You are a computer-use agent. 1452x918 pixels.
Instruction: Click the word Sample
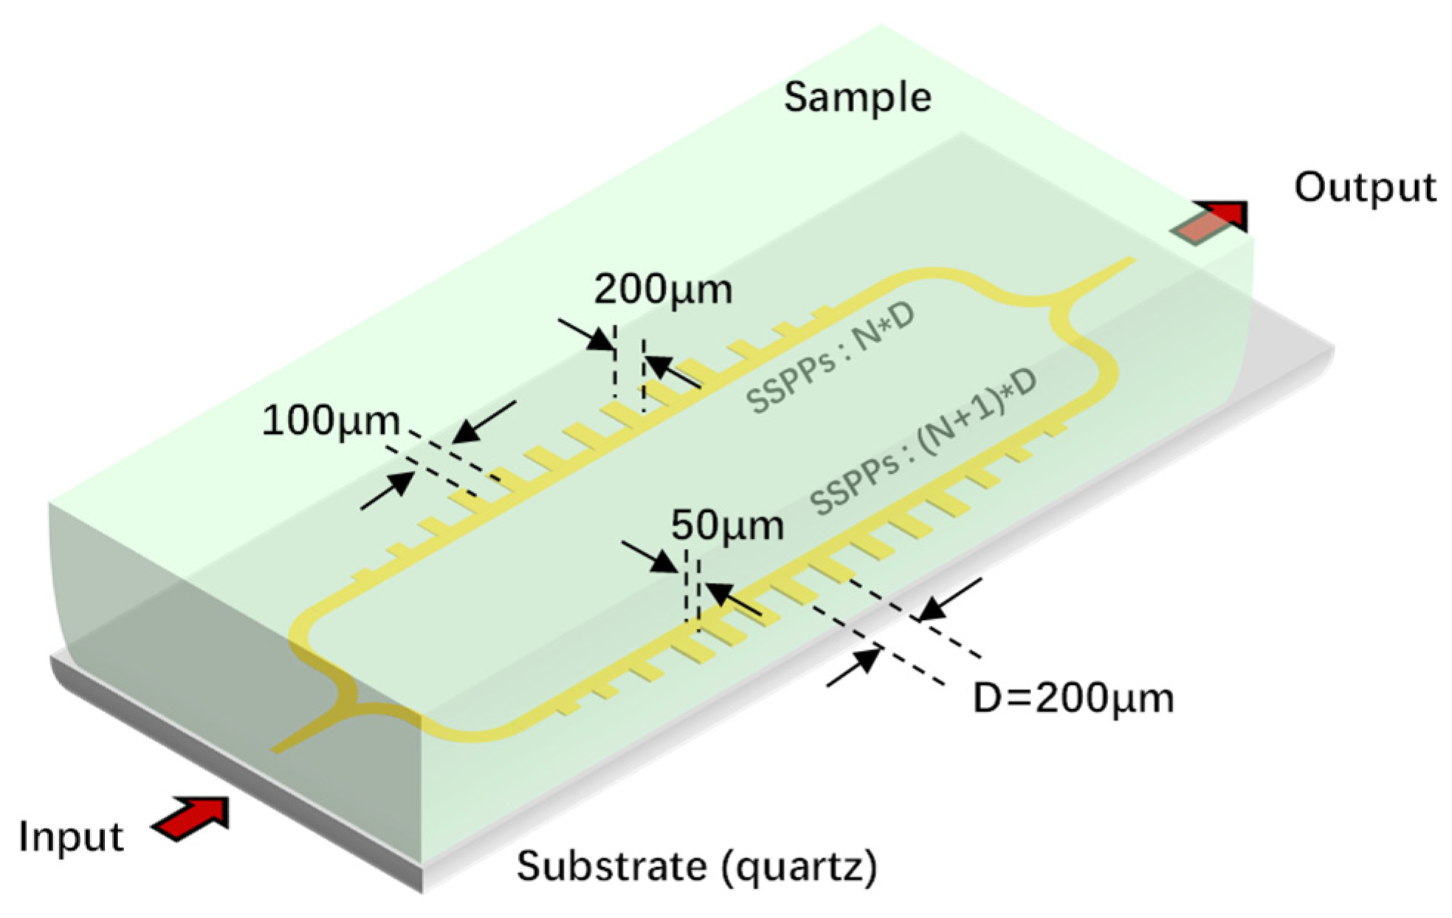(857, 97)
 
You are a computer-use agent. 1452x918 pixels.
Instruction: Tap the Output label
(1365, 187)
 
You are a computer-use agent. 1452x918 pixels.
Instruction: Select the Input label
(71, 838)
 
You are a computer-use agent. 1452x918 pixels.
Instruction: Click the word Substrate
(608, 866)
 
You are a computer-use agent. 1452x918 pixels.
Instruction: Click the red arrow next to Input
(191, 818)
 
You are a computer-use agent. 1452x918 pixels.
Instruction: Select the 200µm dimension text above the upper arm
(663, 289)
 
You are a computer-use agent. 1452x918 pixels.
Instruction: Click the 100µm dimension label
(331, 421)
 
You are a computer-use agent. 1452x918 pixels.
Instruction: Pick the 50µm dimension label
(727, 526)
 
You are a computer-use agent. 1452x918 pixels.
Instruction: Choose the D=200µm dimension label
(1073, 698)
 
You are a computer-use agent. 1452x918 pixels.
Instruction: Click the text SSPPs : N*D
(830, 357)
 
